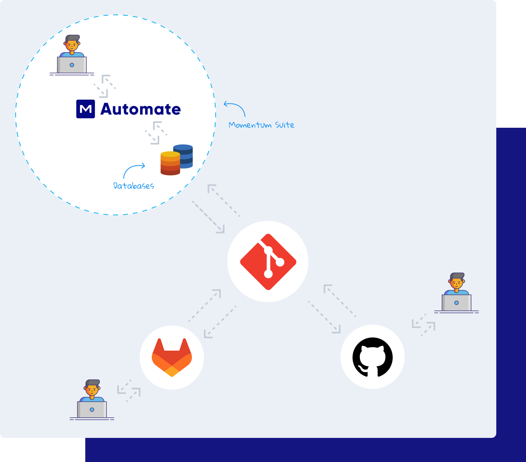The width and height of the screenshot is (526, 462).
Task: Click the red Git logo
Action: (x=268, y=262)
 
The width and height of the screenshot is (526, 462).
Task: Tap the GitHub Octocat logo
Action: (x=373, y=357)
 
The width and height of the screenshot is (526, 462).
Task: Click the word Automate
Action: (x=141, y=109)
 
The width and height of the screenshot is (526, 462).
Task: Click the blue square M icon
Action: (x=86, y=109)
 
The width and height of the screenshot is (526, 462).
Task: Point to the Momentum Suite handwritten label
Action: (x=261, y=125)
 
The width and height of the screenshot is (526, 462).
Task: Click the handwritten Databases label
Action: (x=134, y=186)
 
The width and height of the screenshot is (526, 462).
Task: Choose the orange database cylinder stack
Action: (x=170, y=163)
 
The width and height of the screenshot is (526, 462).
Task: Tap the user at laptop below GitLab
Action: (x=92, y=400)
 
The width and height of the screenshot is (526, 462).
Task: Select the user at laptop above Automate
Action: (x=72, y=55)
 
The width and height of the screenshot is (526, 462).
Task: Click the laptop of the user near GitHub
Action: (x=456, y=303)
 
